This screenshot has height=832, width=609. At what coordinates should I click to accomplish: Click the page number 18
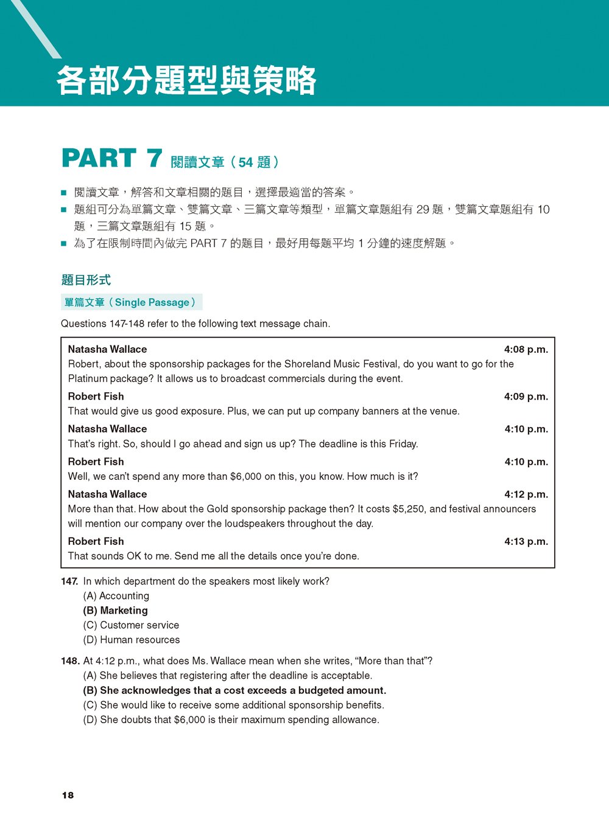click(68, 795)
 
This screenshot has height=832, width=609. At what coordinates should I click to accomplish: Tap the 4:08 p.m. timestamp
click(526, 349)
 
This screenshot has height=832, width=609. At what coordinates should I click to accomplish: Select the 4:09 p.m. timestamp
click(526, 397)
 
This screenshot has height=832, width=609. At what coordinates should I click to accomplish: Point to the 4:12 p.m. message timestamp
click(526, 494)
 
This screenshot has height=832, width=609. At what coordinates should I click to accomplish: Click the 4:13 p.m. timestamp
click(526, 541)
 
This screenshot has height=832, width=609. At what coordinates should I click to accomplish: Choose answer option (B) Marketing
click(115, 611)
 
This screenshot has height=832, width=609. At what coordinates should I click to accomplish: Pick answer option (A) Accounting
click(116, 596)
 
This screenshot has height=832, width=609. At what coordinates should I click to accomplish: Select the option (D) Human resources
click(132, 640)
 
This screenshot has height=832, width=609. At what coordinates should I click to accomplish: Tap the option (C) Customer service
click(131, 625)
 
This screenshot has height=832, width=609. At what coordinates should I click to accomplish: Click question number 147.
click(69, 581)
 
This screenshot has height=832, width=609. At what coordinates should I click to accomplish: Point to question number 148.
click(70, 661)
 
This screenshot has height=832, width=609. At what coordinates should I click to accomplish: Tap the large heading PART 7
click(111, 159)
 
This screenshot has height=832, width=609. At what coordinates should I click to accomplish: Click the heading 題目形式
click(86, 280)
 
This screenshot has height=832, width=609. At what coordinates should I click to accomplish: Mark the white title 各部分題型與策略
click(186, 81)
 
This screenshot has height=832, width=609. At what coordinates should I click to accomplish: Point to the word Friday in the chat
click(403, 444)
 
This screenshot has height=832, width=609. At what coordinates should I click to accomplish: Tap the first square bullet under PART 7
click(63, 193)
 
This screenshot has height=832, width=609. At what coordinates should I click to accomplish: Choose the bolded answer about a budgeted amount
click(234, 690)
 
